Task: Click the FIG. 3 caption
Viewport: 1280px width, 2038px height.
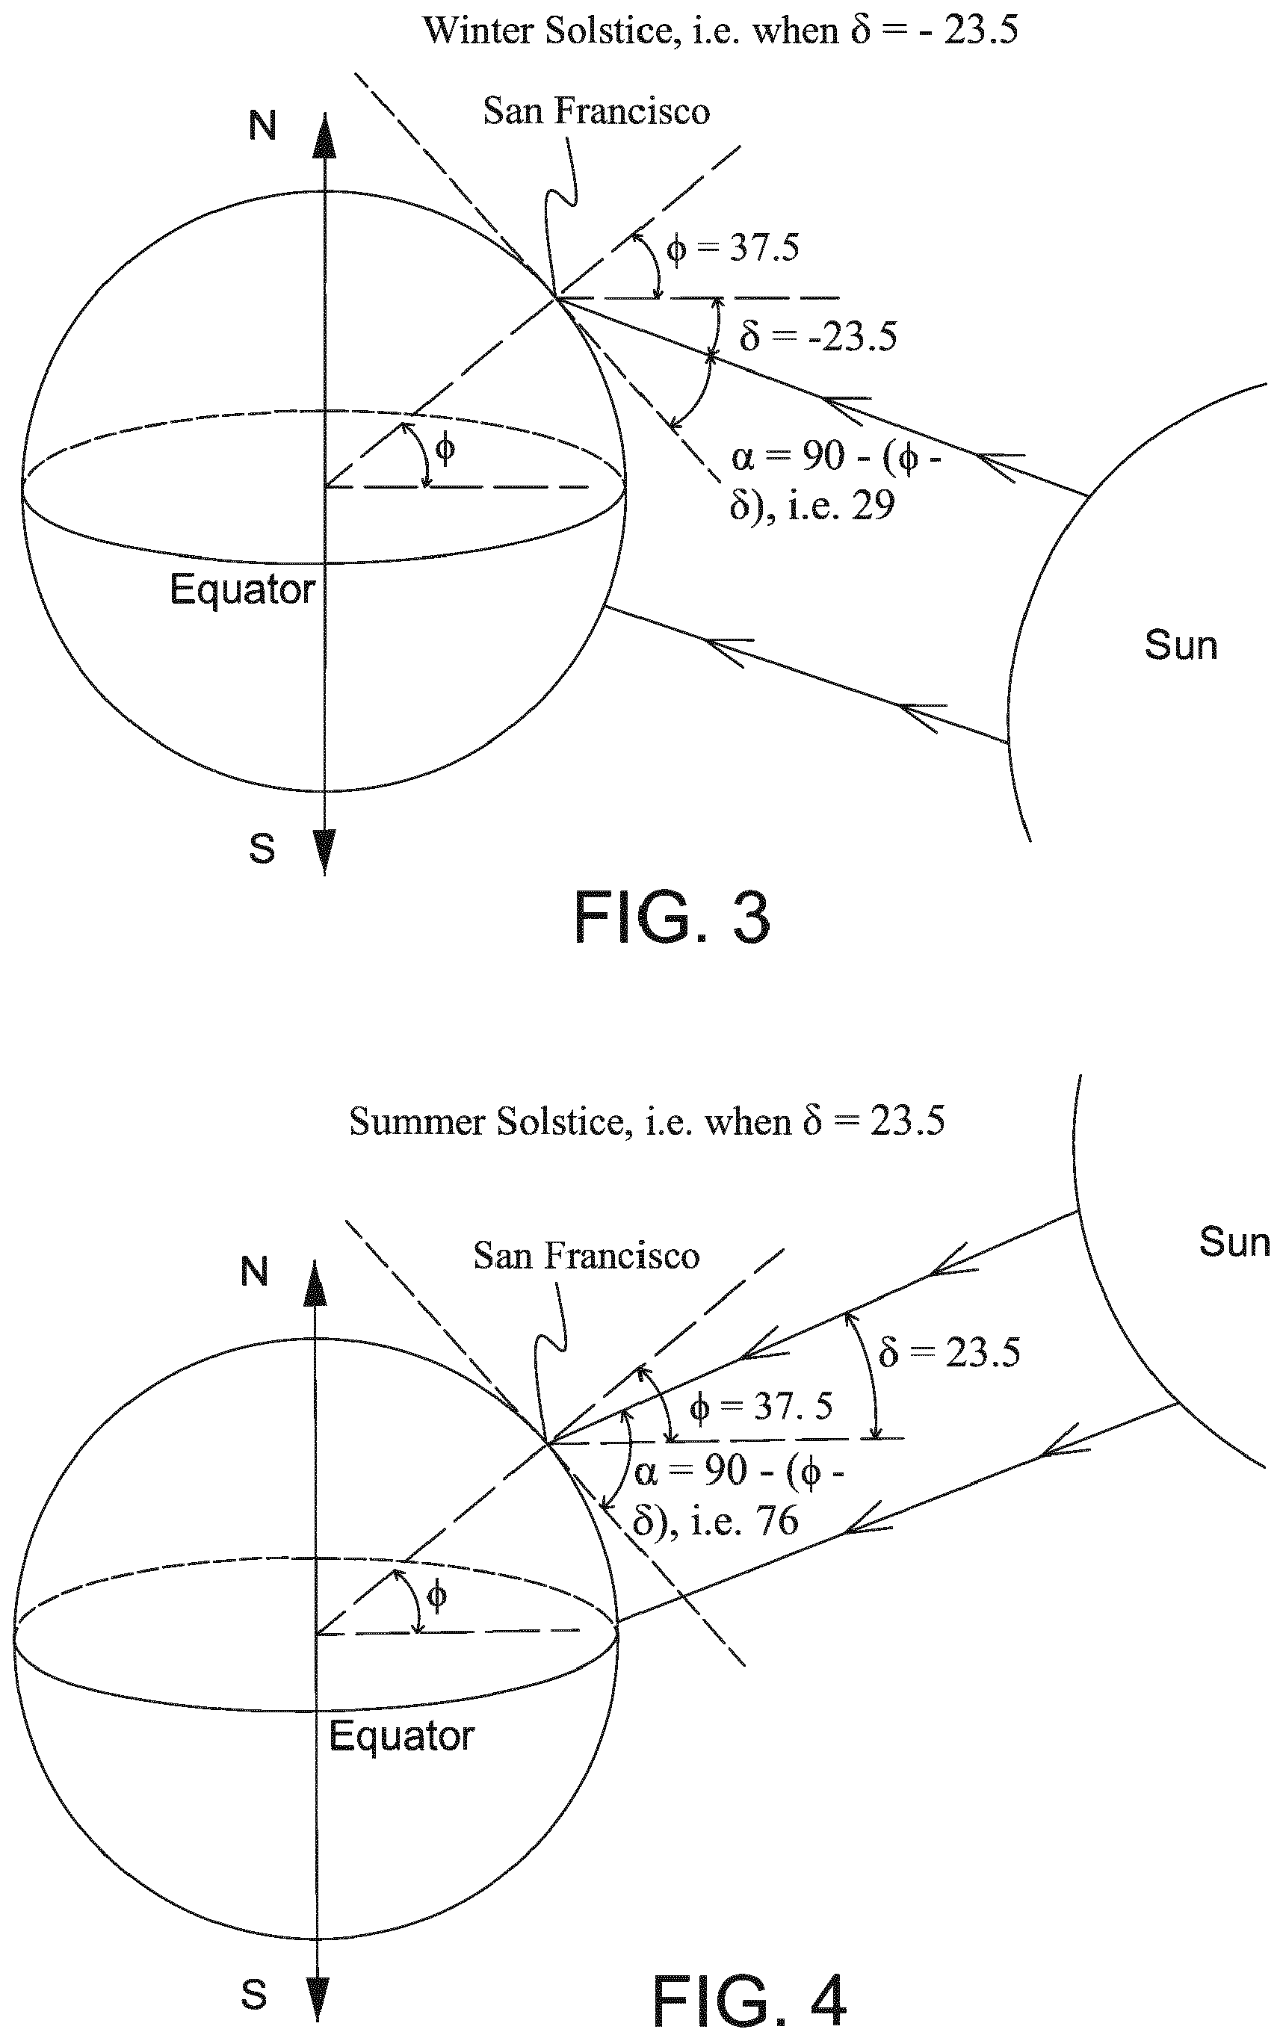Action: (673, 918)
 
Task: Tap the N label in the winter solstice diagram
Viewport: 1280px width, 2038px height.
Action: (262, 126)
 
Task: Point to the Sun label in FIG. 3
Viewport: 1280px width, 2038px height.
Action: (1181, 645)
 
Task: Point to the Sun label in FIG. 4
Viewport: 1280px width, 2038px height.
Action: (1234, 1242)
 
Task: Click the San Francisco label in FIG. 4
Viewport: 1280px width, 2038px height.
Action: (587, 1256)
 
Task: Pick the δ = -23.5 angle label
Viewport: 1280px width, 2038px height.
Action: (817, 336)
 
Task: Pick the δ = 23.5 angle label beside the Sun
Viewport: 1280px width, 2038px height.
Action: (949, 1351)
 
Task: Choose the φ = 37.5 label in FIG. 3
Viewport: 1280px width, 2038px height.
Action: (732, 248)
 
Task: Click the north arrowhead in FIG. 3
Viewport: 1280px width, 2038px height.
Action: (325, 134)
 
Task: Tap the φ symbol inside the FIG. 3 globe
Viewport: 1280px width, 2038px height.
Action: (445, 446)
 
